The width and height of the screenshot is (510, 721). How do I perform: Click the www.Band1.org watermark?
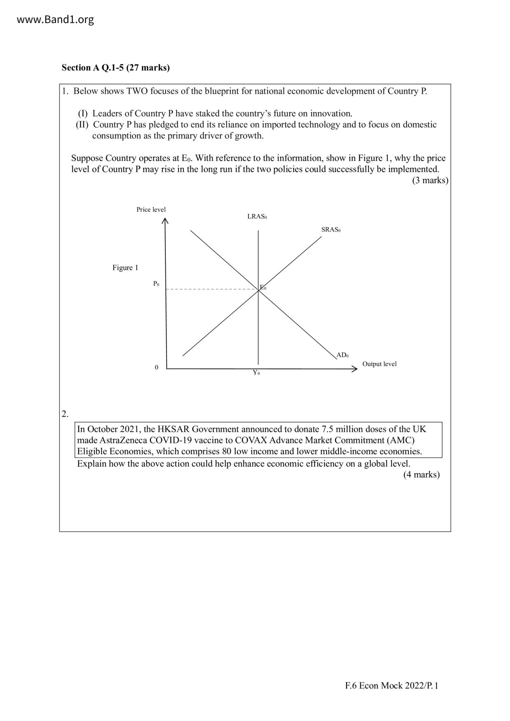[55, 19]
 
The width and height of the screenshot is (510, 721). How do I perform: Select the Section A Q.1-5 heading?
[116, 67]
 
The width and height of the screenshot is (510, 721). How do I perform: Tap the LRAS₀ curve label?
[257, 216]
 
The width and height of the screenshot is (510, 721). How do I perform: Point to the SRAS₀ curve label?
[331, 229]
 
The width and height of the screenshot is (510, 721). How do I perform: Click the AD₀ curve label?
[342, 355]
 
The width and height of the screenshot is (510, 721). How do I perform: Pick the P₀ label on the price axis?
[156, 284]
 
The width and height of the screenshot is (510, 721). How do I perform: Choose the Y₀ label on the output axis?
[256, 373]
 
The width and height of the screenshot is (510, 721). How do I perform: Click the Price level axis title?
[151, 210]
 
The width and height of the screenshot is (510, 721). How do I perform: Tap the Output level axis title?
[379, 364]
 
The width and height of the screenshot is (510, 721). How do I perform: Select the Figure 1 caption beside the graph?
[125, 268]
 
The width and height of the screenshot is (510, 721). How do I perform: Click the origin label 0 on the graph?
[156, 367]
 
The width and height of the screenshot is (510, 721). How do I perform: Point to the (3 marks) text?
[430, 180]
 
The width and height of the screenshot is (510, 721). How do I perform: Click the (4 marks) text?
[421, 474]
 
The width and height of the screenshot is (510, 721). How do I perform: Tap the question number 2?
[65, 414]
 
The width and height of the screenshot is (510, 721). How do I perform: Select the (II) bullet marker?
[82, 125]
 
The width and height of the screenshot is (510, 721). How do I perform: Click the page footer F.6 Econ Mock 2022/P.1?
[392, 685]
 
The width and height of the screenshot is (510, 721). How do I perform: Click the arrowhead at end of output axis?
[355, 369]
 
